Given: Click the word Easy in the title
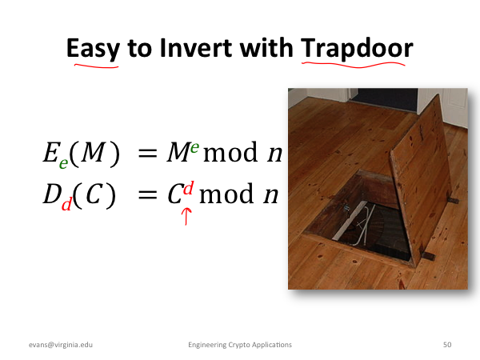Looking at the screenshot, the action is tap(93, 49).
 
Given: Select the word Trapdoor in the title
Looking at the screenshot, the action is tap(357, 49).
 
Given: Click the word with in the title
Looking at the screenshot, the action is tap(266, 48).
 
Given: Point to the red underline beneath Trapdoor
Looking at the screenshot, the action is tap(354, 65).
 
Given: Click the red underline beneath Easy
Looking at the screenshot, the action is tap(96, 66).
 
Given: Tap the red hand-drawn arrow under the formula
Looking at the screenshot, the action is tap(186, 217).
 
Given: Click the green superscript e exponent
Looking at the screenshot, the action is tap(194, 147).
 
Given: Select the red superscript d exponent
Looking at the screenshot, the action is tap(188, 188).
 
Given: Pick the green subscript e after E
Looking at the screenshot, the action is tap(63, 163).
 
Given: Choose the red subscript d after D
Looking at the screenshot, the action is tap(66, 203).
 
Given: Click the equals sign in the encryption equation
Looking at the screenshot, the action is tap(147, 153).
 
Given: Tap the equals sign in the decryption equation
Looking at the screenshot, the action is tap(147, 194).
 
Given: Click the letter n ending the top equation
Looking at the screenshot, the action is tap(274, 154).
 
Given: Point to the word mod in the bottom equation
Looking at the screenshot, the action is tap(226, 194).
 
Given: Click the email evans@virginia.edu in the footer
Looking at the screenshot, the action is tap(61, 345).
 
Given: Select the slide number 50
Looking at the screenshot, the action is tap(447, 345).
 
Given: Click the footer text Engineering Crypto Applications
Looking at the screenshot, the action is tap(240, 345).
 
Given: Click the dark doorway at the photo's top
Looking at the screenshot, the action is tap(385, 98).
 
